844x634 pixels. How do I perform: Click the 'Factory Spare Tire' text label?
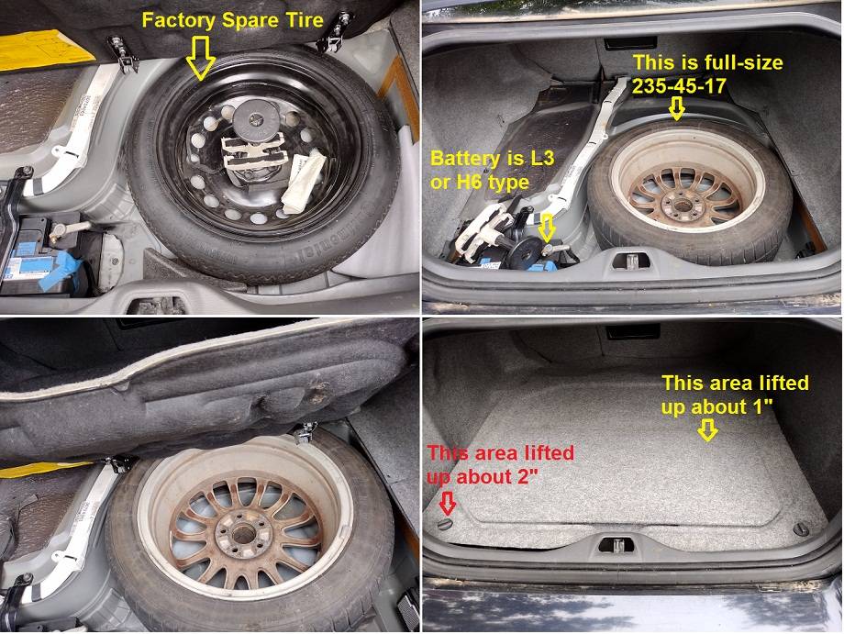click(x=232, y=18)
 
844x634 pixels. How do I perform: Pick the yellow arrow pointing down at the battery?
click(x=548, y=226)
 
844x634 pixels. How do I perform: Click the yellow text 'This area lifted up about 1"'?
click(x=735, y=395)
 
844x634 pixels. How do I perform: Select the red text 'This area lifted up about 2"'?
click(x=500, y=464)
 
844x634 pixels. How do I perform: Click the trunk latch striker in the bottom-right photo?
click(x=616, y=544)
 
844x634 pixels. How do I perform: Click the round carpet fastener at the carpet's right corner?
click(x=801, y=529)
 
